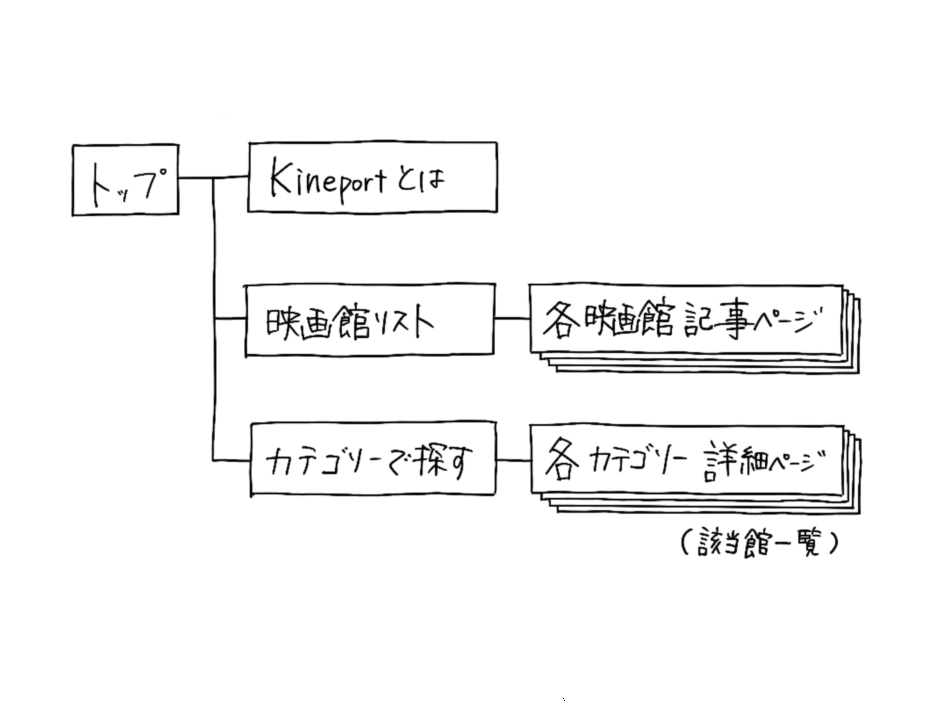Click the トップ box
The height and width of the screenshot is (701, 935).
click(x=125, y=180)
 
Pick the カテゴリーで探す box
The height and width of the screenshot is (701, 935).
click(x=373, y=460)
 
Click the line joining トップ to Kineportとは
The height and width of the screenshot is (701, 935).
click(x=230, y=178)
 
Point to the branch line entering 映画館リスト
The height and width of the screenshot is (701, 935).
click(x=230, y=319)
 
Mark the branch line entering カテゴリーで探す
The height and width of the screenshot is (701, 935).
click(x=232, y=460)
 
